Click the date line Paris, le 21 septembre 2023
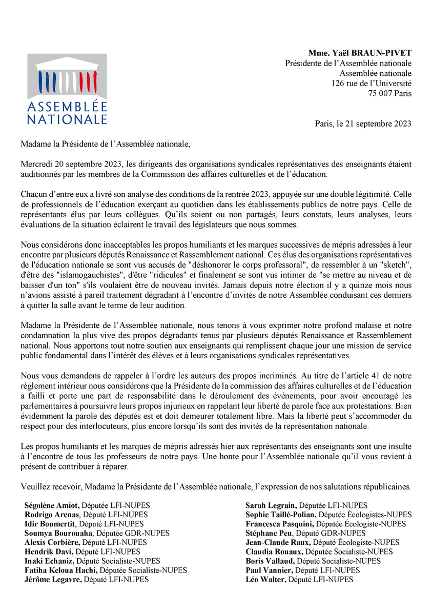(363, 124)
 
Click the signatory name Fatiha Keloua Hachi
(61, 570)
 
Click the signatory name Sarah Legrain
(271, 505)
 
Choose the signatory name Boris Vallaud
(268, 561)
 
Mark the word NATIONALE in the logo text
(67, 119)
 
